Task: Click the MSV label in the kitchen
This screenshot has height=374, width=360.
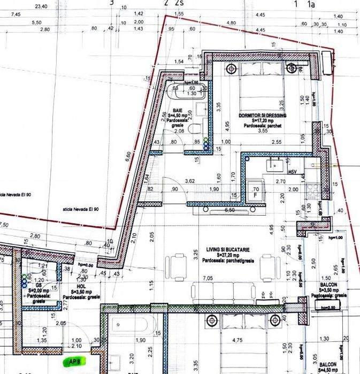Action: pos(293,172)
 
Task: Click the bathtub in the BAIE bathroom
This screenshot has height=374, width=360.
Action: pos(187,91)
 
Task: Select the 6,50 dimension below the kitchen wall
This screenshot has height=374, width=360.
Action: pos(231,210)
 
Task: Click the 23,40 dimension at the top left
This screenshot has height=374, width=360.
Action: pos(40,6)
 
